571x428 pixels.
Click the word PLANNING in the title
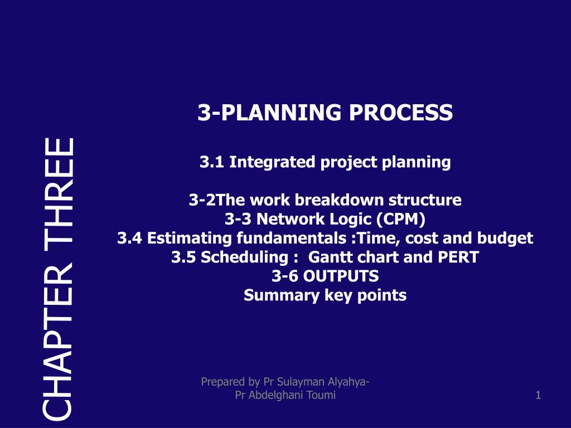(280, 113)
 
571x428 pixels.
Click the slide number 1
(538, 396)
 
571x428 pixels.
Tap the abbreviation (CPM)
(400, 219)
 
